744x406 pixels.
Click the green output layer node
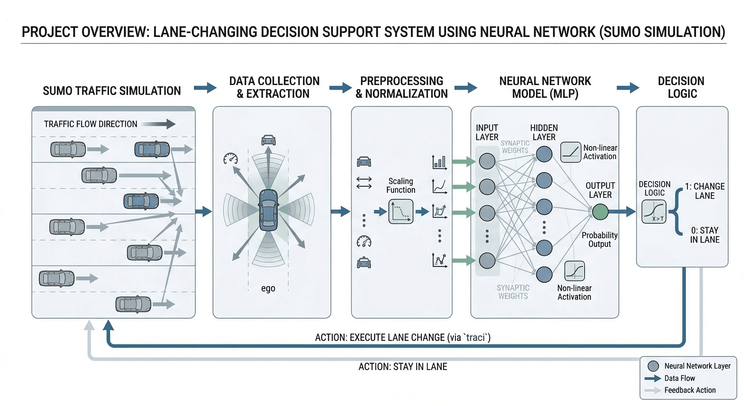(x=600, y=212)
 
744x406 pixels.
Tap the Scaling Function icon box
(x=401, y=211)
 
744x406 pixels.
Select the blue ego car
(x=268, y=210)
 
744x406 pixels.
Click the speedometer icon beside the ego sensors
(x=230, y=159)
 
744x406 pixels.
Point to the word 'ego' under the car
(x=268, y=288)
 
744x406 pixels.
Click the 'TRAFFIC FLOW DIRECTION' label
(x=90, y=124)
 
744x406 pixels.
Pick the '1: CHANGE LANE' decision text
(x=705, y=191)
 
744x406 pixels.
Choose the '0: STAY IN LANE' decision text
(x=705, y=235)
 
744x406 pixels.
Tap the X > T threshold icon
(x=654, y=212)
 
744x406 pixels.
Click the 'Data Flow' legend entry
(x=680, y=378)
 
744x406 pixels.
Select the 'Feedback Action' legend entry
(x=690, y=390)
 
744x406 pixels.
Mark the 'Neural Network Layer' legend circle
(x=653, y=366)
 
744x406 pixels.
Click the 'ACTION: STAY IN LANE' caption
(x=403, y=367)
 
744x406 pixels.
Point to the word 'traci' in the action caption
(x=475, y=338)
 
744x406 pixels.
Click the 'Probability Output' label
(x=599, y=239)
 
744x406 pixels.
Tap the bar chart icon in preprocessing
(x=439, y=162)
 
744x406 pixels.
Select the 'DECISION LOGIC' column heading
(x=681, y=87)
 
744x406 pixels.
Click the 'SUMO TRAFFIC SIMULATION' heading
(x=112, y=91)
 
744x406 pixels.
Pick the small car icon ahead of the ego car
(x=268, y=140)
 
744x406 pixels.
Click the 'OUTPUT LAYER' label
(x=600, y=190)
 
